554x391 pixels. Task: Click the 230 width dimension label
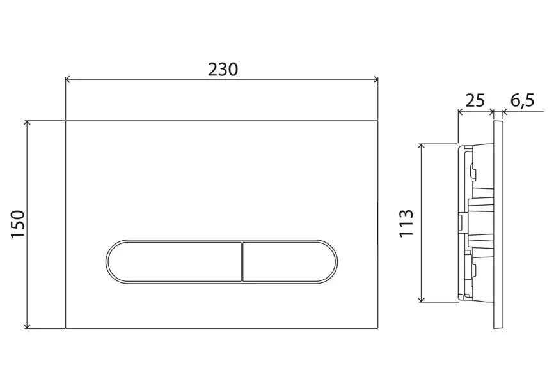point(222,68)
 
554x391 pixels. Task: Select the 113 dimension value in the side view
point(406,223)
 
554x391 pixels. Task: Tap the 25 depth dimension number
point(474,100)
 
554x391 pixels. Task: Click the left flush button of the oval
point(173,261)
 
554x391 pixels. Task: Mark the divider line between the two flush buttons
point(242,261)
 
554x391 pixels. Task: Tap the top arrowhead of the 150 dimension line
point(28,123)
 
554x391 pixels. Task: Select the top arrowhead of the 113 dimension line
point(421,146)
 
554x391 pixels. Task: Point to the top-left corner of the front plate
point(66,119)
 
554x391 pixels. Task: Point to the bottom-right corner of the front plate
point(379,329)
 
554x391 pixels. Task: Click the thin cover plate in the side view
point(499,224)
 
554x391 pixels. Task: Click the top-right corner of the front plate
point(379,119)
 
